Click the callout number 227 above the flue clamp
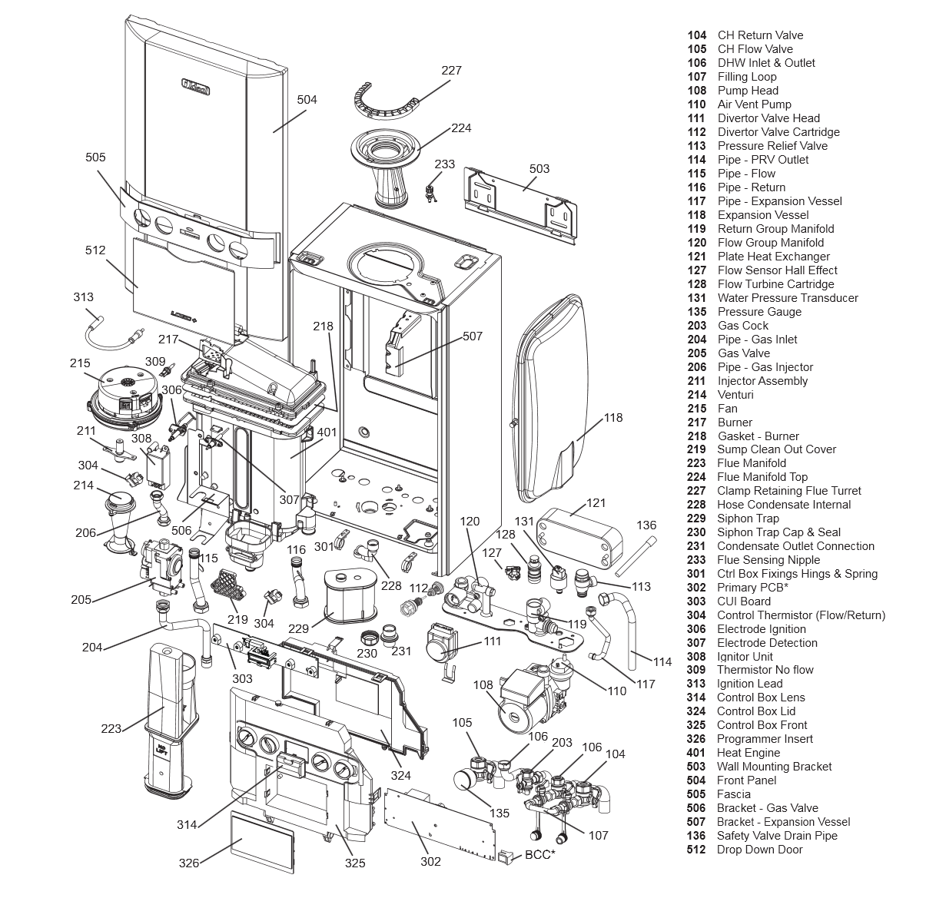451,71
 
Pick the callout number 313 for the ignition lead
83,297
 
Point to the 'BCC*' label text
539,855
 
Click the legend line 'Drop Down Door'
759,850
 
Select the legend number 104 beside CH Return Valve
697,35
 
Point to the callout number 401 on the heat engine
327,432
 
